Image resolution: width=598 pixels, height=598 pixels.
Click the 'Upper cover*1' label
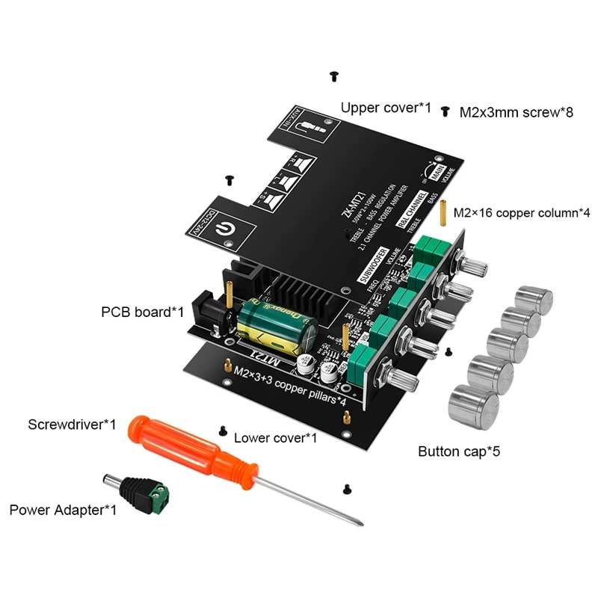386,108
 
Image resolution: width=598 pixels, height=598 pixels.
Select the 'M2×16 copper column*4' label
522,213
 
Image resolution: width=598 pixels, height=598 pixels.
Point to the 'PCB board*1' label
142,311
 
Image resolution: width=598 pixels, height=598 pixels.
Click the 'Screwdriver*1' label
72,425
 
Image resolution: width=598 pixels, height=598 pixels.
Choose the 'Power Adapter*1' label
63,511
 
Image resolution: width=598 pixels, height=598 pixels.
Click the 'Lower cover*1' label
275,437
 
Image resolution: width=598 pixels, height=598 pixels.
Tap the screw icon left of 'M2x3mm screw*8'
446,111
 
